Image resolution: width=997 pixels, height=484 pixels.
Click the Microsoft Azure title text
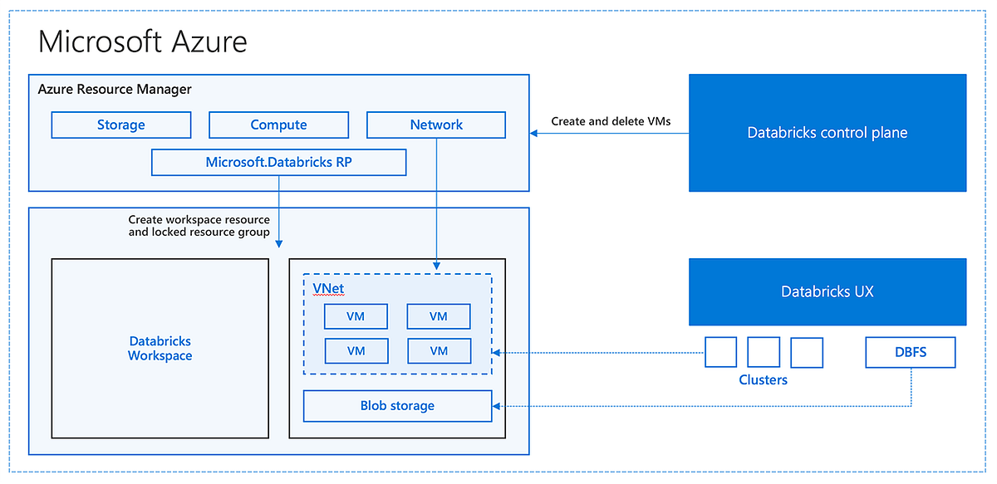point(142,42)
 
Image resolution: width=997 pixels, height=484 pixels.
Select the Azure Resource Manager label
point(115,90)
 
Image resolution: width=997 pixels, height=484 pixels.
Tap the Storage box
point(121,125)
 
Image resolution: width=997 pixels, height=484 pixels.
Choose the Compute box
point(278,125)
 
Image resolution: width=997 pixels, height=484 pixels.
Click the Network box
point(436,125)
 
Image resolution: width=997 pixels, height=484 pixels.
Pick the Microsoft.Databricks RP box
point(278,163)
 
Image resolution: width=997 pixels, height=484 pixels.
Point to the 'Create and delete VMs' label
point(611,121)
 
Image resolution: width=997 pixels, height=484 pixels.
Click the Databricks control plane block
point(827,133)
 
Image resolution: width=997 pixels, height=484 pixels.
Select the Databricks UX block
point(827,291)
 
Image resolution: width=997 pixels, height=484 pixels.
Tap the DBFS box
point(910,352)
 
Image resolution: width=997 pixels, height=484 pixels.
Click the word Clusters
point(763,380)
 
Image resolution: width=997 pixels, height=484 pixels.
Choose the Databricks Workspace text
point(160,349)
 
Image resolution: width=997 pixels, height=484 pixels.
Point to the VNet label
point(328,289)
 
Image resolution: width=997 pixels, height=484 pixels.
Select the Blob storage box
point(397,406)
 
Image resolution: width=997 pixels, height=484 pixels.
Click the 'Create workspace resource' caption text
point(199,220)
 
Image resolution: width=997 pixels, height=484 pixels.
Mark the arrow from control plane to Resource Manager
point(611,133)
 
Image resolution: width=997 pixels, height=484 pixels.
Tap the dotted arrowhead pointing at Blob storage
point(498,406)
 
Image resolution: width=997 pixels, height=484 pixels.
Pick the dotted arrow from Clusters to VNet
point(598,352)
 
